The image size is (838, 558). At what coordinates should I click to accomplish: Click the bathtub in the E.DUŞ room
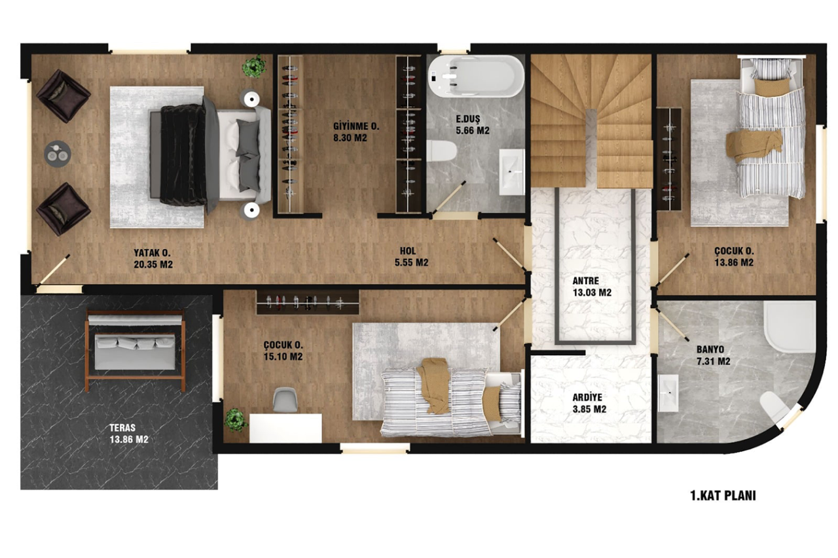(x=476, y=77)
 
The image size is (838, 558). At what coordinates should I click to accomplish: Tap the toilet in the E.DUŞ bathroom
(x=441, y=150)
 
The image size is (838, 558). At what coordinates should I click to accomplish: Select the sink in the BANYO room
(x=668, y=392)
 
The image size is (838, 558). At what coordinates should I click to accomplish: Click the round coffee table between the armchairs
(x=57, y=154)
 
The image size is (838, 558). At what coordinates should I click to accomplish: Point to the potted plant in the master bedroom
(x=255, y=67)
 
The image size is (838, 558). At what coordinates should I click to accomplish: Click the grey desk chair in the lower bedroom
(x=285, y=400)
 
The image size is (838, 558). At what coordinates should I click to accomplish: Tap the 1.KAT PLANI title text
(x=723, y=496)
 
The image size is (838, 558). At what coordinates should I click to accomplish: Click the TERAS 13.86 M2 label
(x=129, y=433)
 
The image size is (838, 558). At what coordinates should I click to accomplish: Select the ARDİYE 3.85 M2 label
(x=589, y=403)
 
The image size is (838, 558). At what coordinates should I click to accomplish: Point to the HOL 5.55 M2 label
(x=411, y=257)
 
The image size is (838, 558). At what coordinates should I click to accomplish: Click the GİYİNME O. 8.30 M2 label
(x=355, y=132)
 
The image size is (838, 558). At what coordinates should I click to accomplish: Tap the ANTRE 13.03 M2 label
(x=592, y=287)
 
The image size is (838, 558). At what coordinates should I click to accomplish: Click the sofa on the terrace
(x=135, y=352)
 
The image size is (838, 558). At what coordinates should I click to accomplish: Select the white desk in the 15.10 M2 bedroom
(x=285, y=428)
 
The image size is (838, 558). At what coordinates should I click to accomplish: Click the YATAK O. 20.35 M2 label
(x=153, y=258)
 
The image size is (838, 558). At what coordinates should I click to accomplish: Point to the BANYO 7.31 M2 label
(x=713, y=355)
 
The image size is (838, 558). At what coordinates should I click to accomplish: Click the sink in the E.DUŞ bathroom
(x=512, y=172)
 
